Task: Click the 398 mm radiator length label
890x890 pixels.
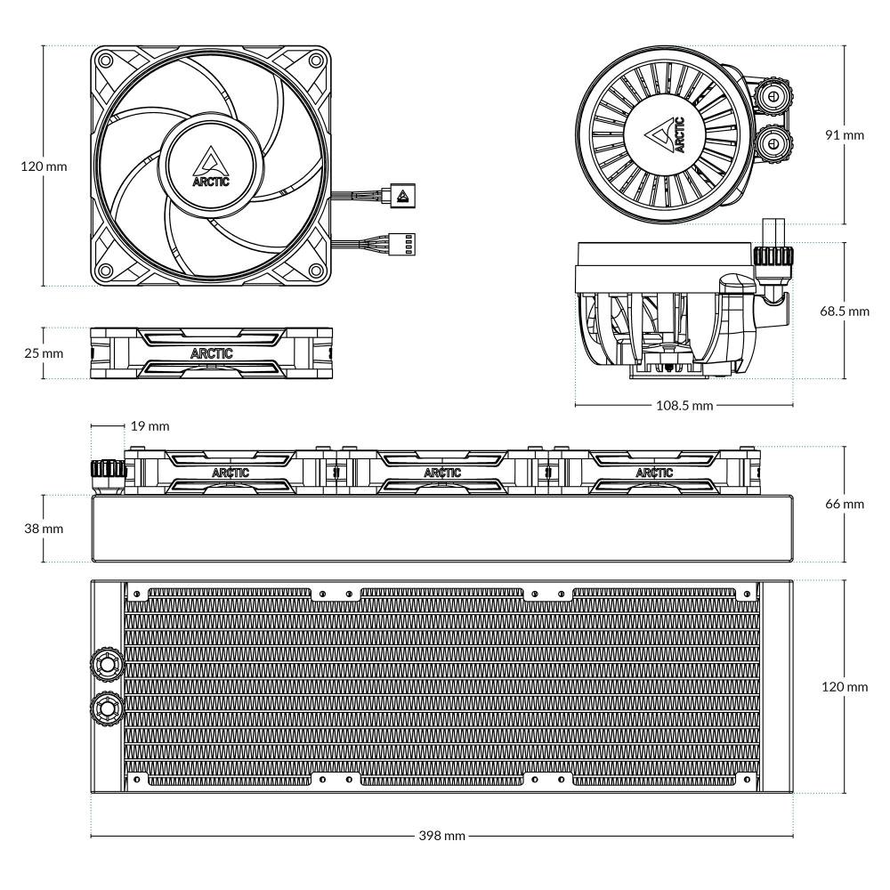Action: (x=442, y=837)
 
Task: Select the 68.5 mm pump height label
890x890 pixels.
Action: (x=845, y=311)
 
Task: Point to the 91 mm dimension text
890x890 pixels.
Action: (x=845, y=135)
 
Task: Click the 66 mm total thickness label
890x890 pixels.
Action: (x=845, y=504)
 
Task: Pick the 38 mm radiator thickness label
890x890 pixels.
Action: (x=43, y=528)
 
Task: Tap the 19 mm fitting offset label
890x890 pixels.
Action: (x=149, y=426)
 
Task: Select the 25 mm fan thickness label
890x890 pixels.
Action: (x=43, y=353)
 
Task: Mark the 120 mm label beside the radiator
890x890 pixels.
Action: (x=845, y=687)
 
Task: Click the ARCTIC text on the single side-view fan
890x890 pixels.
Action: (x=212, y=353)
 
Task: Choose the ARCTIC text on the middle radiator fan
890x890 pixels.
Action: (x=442, y=473)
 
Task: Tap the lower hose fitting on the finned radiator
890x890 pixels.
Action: (x=105, y=708)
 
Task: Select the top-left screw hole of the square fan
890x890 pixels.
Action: (x=106, y=61)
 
